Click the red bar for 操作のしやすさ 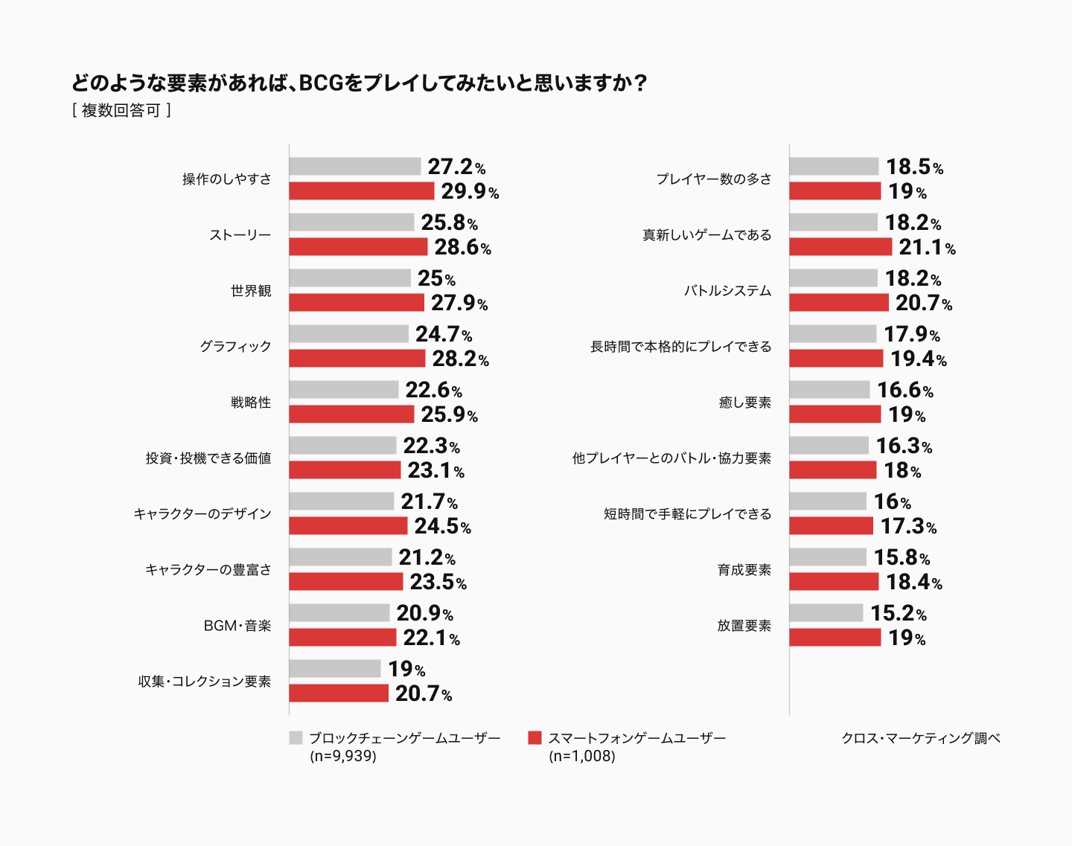(361, 191)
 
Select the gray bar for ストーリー (351, 222)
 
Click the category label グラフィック (235, 346)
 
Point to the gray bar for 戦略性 (343, 390)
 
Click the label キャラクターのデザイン (202, 513)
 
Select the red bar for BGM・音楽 (342, 638)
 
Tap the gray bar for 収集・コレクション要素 (334, 669)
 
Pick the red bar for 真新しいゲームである (840, 247)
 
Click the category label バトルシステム (727, 290)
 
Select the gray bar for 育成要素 (828, 557)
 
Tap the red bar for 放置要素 (835, 638)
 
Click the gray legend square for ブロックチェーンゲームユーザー (296, 738)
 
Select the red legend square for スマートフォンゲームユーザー (535, 738)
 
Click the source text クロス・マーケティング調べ (920, 738)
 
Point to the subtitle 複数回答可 (121, 111)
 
